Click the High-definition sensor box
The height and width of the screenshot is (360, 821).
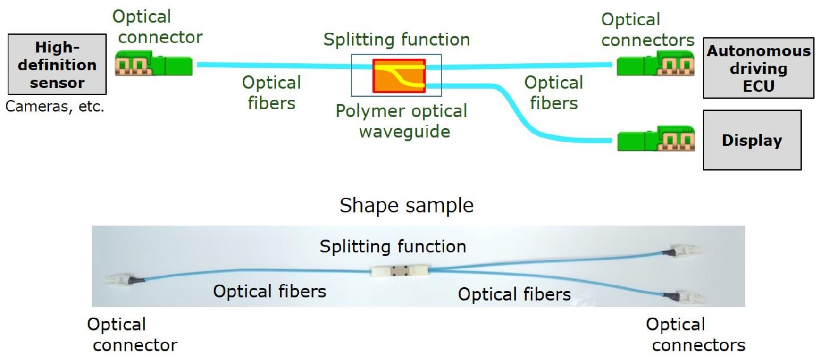point(57,65)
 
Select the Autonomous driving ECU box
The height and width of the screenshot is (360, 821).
point(758,68)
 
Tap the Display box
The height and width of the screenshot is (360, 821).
point(752,140)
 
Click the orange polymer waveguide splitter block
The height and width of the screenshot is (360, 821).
point(399,75)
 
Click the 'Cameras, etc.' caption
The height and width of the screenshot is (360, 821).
point(55,107)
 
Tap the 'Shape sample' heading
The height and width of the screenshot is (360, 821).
point(406,206)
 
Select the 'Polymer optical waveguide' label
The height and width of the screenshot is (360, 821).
point(402,121)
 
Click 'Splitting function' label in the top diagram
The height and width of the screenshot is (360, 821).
point(396,40)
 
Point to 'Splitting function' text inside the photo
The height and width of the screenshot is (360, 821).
point(393,246)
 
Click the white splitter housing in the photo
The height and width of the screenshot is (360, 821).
point(399,271)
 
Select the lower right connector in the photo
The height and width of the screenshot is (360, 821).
point(685,297)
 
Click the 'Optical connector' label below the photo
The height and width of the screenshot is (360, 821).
point(132,335)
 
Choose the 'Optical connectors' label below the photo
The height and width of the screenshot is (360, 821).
point(695,335)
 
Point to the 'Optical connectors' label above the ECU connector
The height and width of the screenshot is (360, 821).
point(647,30)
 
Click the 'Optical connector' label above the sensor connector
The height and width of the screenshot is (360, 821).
point(157,27)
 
